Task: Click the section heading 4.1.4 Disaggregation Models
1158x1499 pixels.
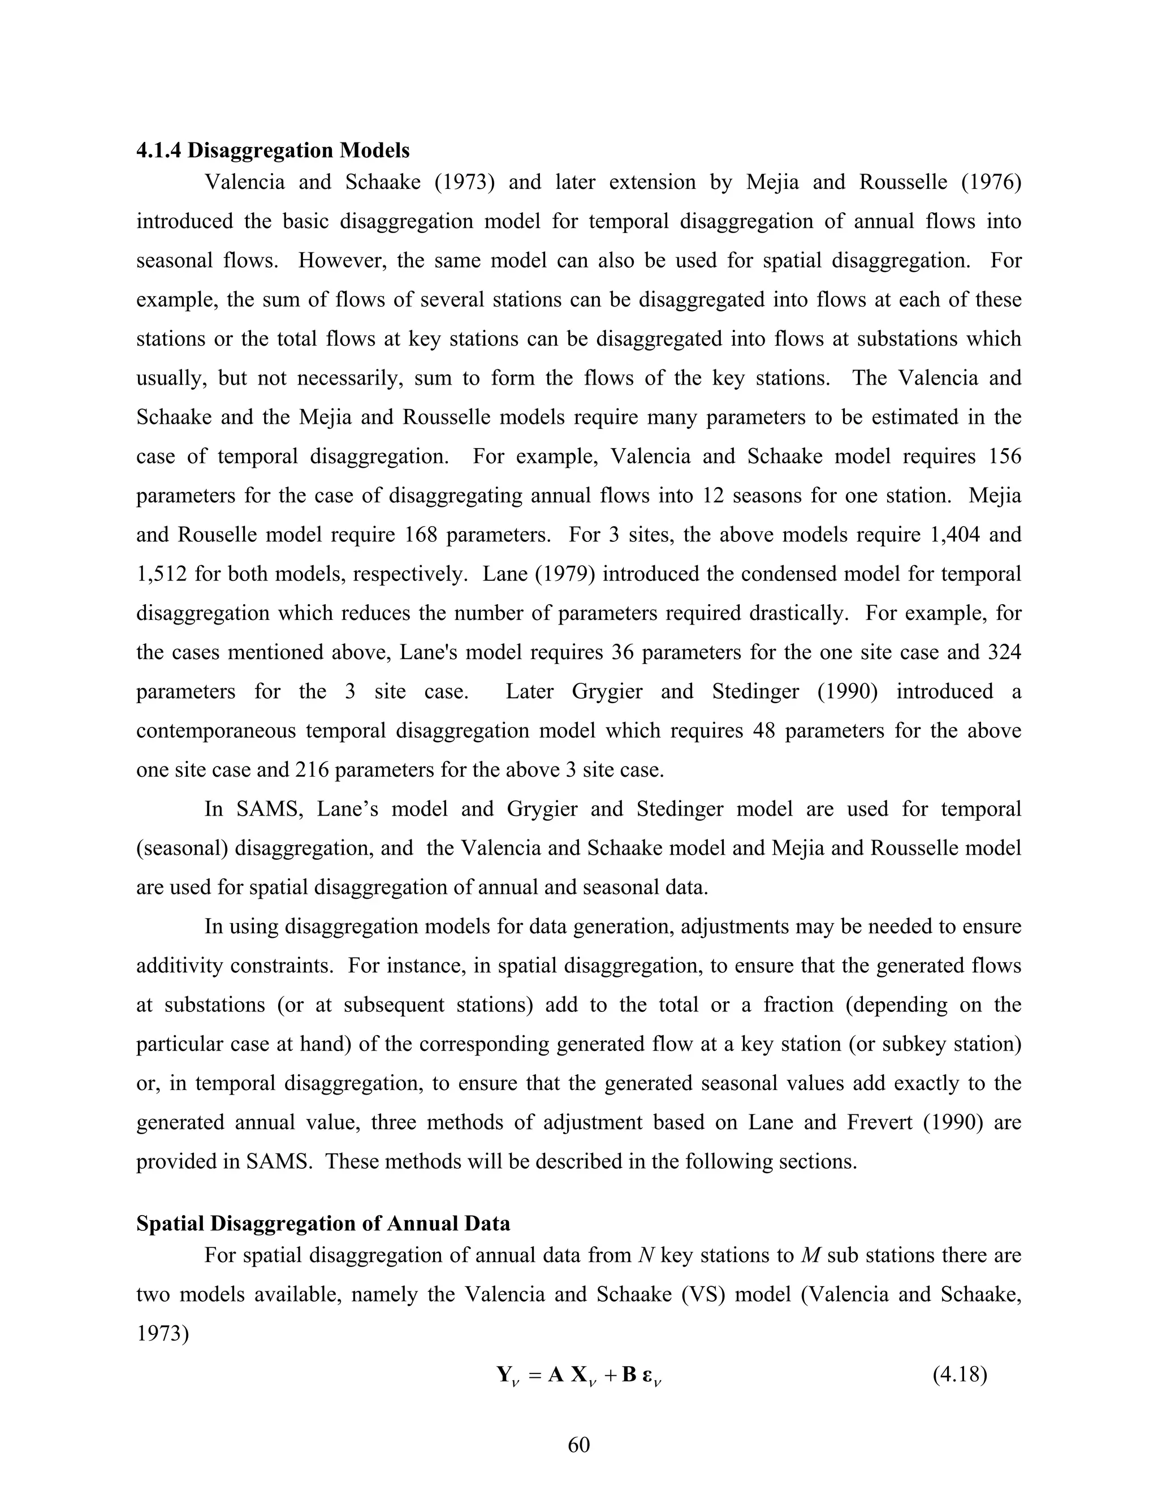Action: tap(273, 150)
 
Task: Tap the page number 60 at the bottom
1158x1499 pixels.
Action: tap(578, 1445)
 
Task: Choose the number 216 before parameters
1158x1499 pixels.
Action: tap(312, 769)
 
